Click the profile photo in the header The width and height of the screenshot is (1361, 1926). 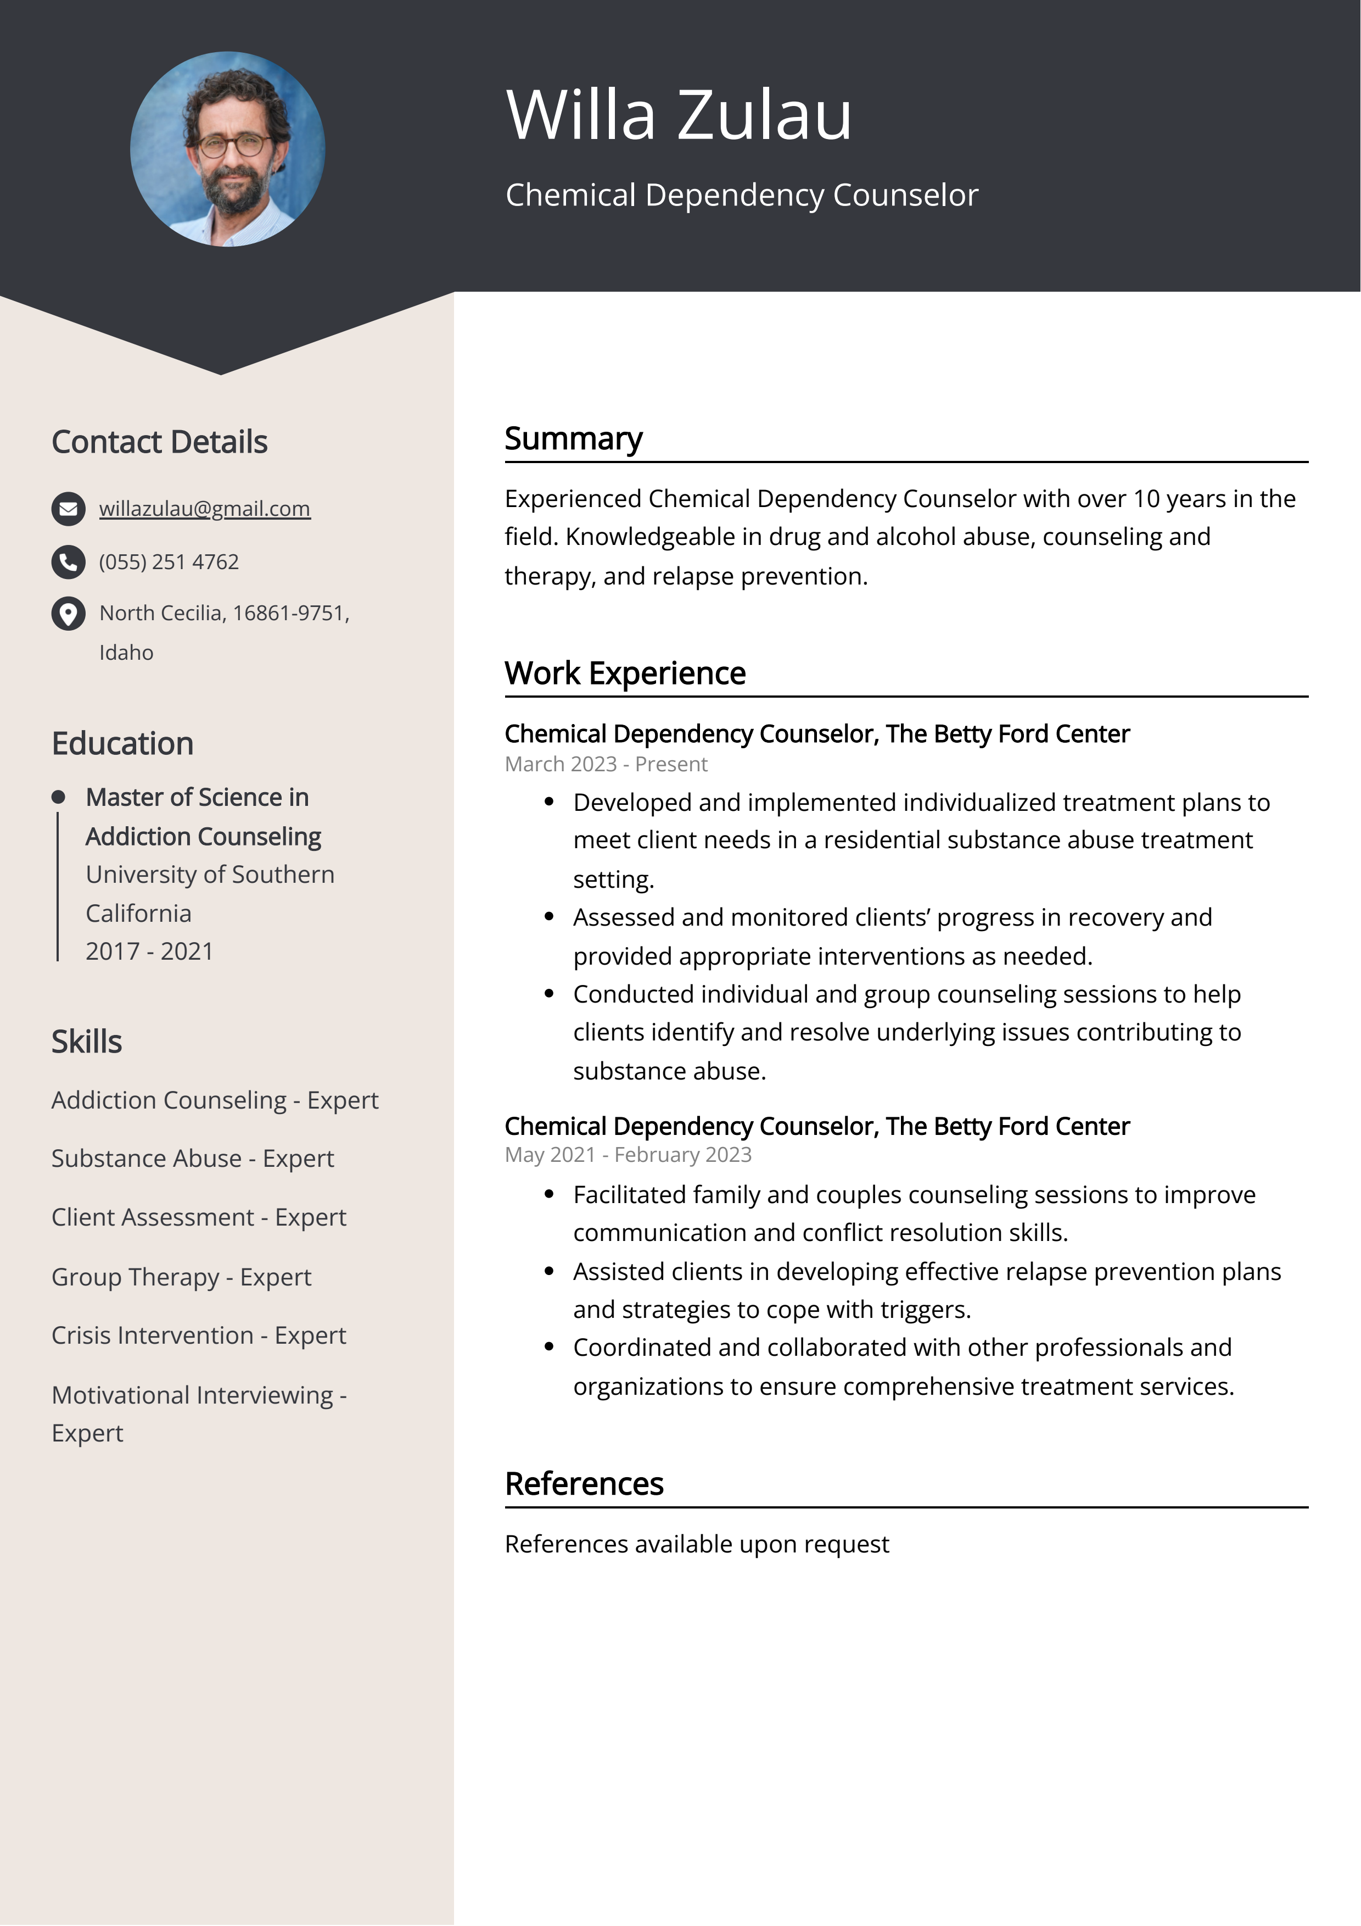click(x=227, y=149)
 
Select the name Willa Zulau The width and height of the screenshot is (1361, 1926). click(x=679, y=114)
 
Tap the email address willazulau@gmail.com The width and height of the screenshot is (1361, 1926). click(x=205, y=508)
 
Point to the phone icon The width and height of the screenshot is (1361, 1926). click(x=69, y=562)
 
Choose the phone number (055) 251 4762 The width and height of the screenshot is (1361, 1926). click(x=169, y=562)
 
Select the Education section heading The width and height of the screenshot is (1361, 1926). click(x=122, y=744)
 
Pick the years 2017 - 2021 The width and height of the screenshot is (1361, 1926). click(x=149, y=951)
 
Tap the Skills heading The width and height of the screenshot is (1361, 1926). click(x=86, y=1042)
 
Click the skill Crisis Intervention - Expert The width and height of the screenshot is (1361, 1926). click(x=199, y=1335)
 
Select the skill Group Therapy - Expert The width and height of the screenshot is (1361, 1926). click(x=181, y=1277)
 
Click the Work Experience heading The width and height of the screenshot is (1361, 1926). click(x=625, y=673)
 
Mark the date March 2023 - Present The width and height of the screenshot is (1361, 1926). click(x=606, y=764)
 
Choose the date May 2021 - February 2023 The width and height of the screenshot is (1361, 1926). click(x=628, y=1155)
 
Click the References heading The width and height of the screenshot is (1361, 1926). click(x=584, y=1484)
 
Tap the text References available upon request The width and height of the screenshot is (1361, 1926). click(x=697, y=1544)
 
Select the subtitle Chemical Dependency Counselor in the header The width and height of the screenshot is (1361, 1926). click(x=741, y=194)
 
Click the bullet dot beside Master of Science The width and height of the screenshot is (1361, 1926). click(x=58, y=797)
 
